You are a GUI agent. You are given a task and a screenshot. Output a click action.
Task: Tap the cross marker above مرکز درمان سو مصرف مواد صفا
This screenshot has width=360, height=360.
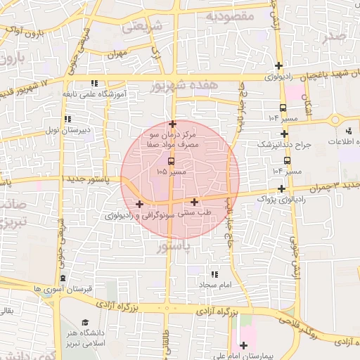coord(172,124)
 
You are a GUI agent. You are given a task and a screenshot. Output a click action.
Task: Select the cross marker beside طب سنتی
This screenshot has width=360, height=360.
coord(194,202)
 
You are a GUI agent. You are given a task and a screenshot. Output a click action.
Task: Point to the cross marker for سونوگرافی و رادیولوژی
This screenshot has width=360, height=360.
coord(139,205)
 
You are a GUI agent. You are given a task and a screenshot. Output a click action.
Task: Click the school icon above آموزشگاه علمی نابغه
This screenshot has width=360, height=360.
coord(95,83)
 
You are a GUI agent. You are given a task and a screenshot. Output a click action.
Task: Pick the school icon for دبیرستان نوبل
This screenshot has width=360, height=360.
coord(67,119)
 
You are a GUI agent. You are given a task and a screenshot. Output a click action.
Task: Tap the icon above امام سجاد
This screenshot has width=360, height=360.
coord(214,274)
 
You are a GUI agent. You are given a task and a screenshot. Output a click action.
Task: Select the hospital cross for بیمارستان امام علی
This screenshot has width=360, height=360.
coord(243,345)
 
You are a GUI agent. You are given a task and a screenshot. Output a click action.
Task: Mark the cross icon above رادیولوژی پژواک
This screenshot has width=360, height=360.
coord(282,188)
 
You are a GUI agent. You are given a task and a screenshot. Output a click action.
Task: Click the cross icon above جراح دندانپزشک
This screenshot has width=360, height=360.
coord(284,134)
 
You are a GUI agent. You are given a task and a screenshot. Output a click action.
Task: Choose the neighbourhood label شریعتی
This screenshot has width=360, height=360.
coord(141,26)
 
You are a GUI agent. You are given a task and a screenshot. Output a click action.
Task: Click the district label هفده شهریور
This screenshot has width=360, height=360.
coord(184,85)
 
